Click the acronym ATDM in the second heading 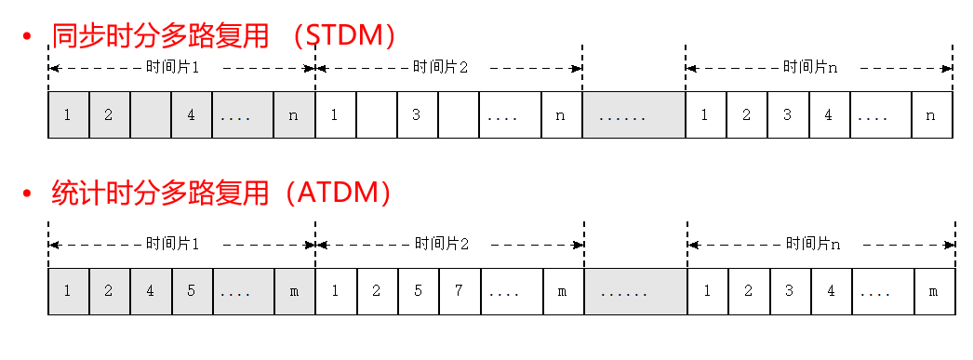pos(339,193)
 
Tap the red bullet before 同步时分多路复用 pos(27,37)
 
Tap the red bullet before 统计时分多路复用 pos(27,194)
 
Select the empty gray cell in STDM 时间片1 pos(151,115)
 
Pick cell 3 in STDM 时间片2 pos(418,115)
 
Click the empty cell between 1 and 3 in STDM pos(377,115)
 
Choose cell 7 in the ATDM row pos(460,291)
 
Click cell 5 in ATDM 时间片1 pos(192,291)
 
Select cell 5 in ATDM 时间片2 pos(419,291)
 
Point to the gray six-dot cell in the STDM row pos(633,115)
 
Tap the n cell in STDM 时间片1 pos(295,115)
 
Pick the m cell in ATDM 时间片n pos(934,291)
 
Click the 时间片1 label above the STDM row pos(173,68)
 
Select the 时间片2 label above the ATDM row pos(441,245)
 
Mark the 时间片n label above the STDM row pos(811,68)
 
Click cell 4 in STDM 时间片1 pos(192,115)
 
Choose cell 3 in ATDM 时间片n pos(789,291)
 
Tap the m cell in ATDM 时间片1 pos(295,291)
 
